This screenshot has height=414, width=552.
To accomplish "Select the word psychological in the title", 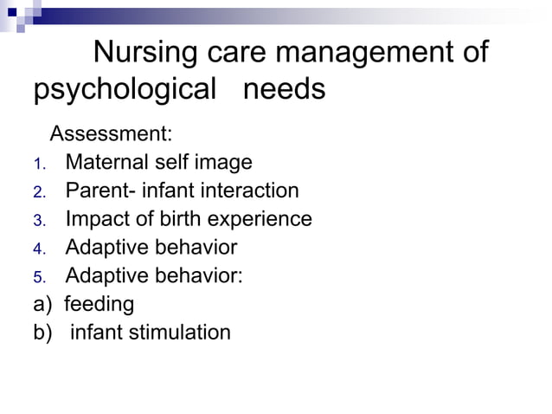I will [x=124, y=90].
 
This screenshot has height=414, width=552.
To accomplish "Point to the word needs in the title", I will [x=284, y=90].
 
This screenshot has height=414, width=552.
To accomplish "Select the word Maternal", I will [x=106, y=162].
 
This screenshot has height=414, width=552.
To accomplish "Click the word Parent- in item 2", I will [x=103, y=191].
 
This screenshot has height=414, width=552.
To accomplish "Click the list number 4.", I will [x=38, y=249].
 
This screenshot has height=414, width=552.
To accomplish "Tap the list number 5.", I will [x=38, y=277].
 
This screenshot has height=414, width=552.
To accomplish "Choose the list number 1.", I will [x=38, y=163].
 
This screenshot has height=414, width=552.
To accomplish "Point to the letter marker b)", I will [x=42, y=333].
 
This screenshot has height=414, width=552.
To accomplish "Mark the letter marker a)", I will [x=42, y=305].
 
